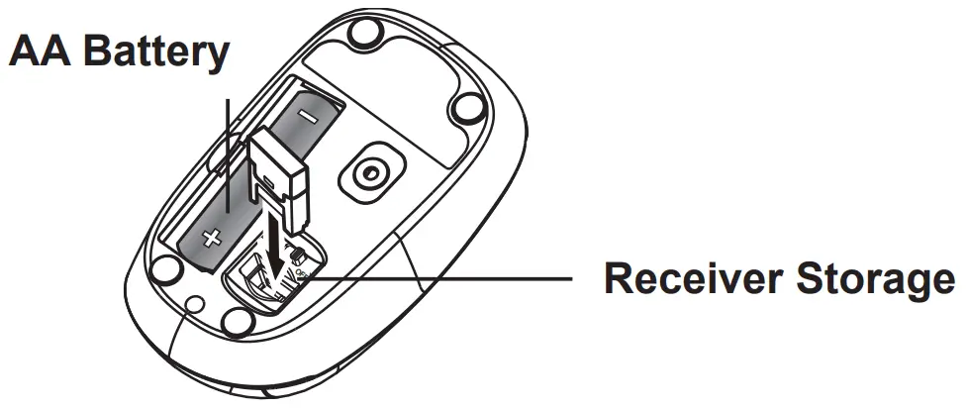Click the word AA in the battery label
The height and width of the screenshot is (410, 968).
(x=39, y=51)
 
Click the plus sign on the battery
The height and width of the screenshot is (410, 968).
(x=210, y=238)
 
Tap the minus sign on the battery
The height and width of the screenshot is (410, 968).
(x=307, y=115)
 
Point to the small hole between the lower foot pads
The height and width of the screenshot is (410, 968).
(x=195, y=304)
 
